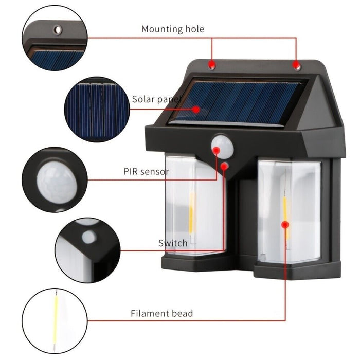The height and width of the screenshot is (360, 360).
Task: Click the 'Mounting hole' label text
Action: click(x=173, y=29)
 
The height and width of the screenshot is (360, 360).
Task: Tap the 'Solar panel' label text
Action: click(x=156, y=99)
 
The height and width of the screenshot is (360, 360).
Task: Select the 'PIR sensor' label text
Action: click(x=146, y=171)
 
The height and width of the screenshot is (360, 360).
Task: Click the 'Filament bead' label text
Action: click(x=161, y=313)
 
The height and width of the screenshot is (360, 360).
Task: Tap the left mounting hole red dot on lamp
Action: click(x=211, y=64)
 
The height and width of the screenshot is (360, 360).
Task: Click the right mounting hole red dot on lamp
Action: click(x=296, y=64)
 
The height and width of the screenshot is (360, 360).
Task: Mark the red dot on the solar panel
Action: click(x=197, y=109)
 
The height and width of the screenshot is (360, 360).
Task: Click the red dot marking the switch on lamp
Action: click(x=225, y=166)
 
